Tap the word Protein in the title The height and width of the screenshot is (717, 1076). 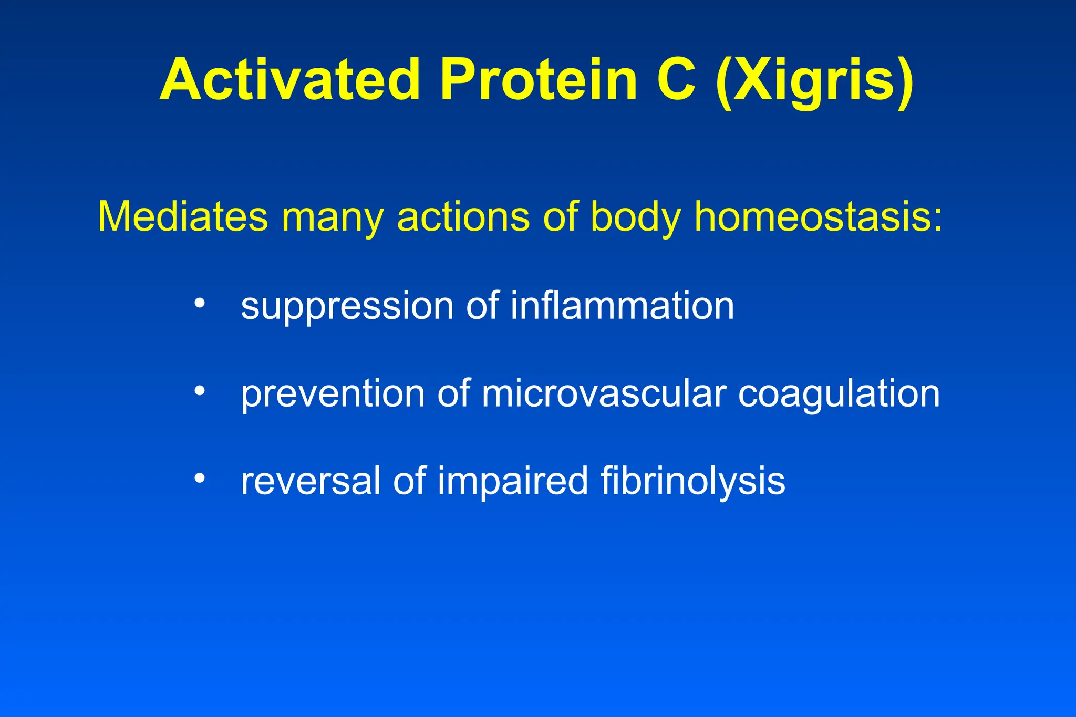pyautogui.click(x=539, y=80)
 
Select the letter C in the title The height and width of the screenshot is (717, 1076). pyautogui.click(x=677, y=80)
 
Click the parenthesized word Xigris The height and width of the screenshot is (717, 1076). pyautogui.click(x=815, y=81)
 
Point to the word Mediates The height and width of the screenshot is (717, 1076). pyautogui.click(x=183, y=216)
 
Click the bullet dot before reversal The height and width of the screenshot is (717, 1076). pyautogui.click(x=199, y=478)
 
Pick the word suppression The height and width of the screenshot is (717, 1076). pyautogui.click(x=347, y=307)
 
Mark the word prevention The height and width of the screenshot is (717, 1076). pyautogui.click(x=333, y=394)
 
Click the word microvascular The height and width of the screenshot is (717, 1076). pyautogui.click(x=604, y=394)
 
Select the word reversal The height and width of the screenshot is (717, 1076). pyautogui.click(x=311, y=481)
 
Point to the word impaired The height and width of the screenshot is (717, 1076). pyautogui.click(x=513, y=482)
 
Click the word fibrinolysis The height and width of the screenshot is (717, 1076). pyautogui.click(x=693, y=482)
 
